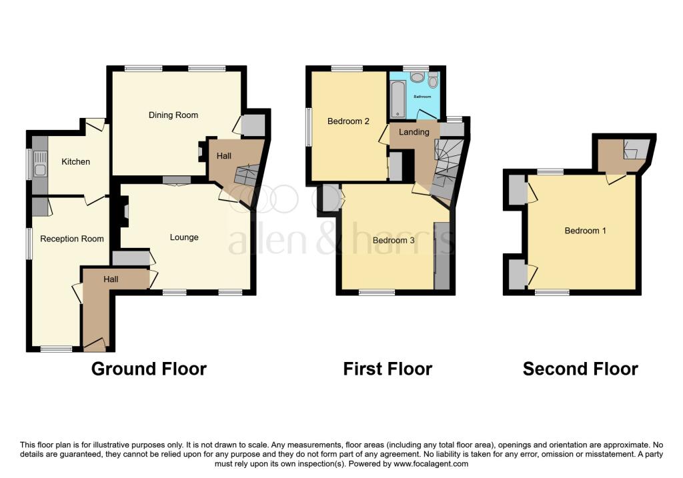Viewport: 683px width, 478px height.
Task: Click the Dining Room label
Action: click(x=173, y=115)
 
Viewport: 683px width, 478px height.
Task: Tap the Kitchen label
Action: click(x=75, y=161)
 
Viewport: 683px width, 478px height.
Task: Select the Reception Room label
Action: click(x=72, y=239)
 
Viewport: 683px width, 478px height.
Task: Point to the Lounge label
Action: click(x=184, y=237)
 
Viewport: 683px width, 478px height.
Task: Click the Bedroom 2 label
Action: click(x=348, y=121)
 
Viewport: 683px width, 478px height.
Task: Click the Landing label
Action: click(x=414, y=132)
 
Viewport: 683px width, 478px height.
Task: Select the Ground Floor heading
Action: click(x=149, y=369)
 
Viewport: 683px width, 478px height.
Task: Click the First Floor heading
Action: click(x=388, y=369)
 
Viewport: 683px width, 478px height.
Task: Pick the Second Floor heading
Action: click(x=580, y=369)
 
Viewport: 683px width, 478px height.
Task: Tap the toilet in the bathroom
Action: click(x=434, y=82)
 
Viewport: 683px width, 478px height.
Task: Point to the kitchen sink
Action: click(x=39, y=163)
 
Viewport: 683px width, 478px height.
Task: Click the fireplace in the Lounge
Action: click(x=123, y=213)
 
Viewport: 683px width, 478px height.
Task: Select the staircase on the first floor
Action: click(x=446, y=167)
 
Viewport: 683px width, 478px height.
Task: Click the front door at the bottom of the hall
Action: click(x=95, y=345)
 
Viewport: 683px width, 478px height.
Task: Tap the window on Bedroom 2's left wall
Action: click(x=308, y=125)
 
